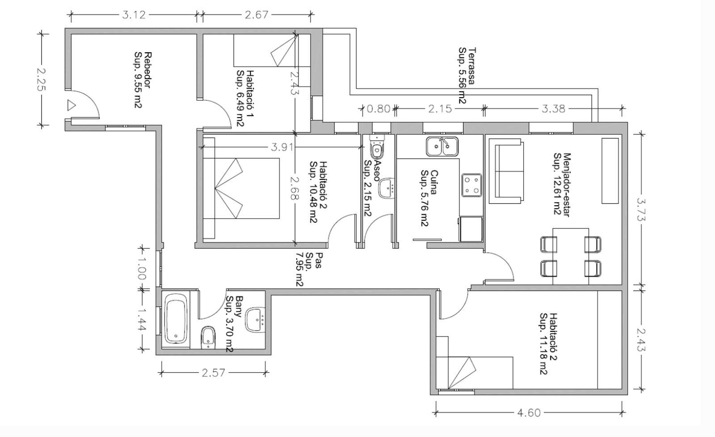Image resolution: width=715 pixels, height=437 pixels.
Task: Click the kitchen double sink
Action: point(442,147)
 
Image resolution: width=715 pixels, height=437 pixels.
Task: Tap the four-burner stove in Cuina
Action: point(471,185)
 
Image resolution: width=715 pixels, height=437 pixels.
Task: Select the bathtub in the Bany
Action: point(176,319)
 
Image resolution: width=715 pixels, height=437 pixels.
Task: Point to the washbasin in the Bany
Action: point(255,320)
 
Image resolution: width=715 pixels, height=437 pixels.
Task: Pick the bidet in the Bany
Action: point(208,338)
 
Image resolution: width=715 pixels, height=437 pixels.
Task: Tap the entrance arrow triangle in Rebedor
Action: point(71,105)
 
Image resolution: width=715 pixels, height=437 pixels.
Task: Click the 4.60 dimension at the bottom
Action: point(529,413)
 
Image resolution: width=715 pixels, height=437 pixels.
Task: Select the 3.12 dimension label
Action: point(134,15)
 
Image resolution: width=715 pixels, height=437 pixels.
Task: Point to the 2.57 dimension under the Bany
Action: point(213,373)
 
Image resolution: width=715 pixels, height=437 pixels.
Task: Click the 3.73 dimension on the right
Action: point(641,209)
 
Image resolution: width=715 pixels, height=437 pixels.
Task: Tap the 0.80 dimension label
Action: point(379,109)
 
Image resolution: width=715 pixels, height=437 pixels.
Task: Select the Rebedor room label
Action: point(143,80)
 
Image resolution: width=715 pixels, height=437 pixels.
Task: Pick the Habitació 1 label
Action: point(245,98)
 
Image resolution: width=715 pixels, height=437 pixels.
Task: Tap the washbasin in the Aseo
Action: point(386,188)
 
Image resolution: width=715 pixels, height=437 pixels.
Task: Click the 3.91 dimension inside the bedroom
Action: point(282,147)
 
